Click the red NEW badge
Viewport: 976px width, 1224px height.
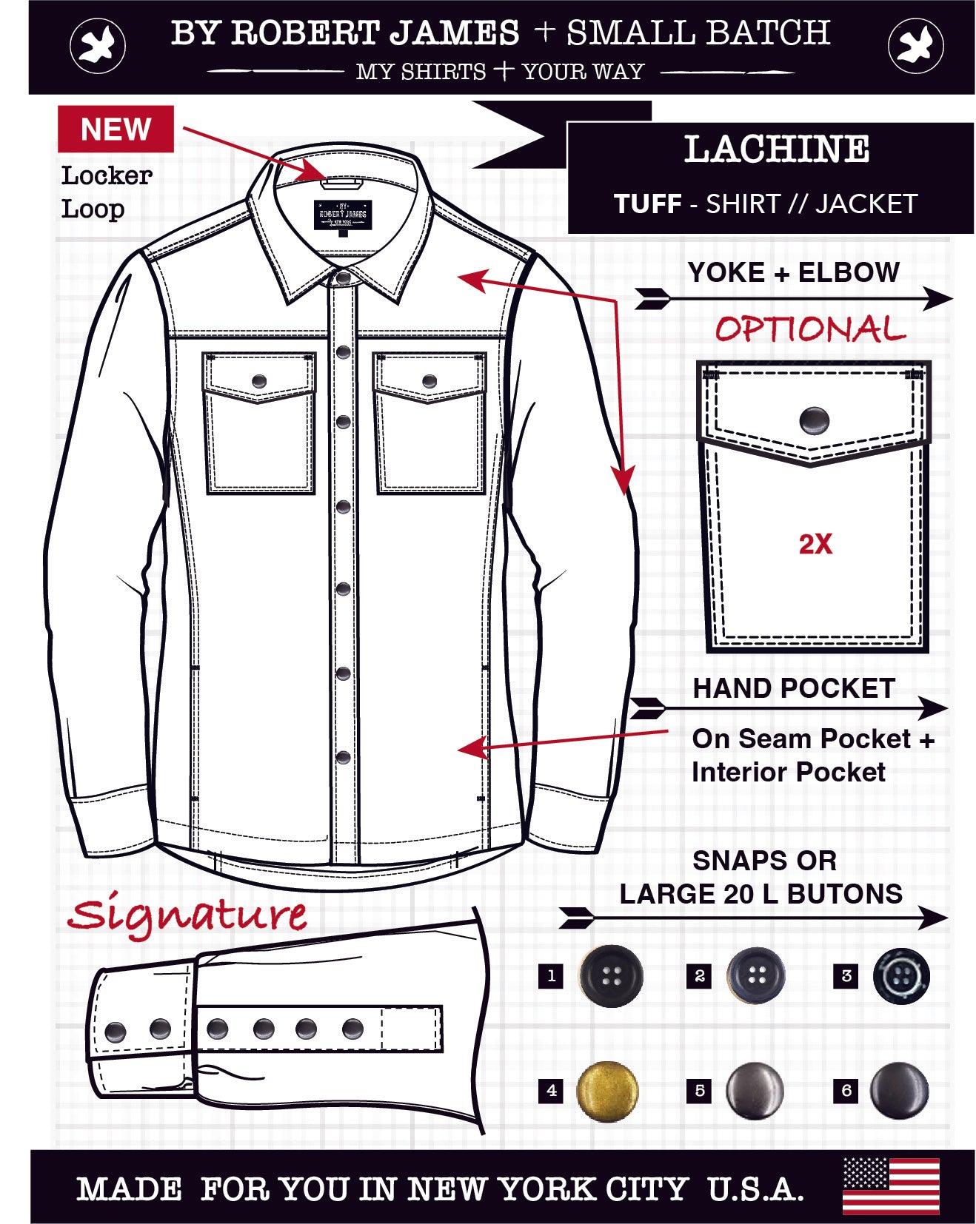click(x=116, y=129)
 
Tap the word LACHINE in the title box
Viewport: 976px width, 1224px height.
click(x=776, y=149)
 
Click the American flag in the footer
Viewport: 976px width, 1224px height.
click(x=891, y=1186)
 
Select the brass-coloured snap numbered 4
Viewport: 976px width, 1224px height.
click(x=607, y=1091)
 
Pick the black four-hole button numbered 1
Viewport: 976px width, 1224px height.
click(x=611, y=976)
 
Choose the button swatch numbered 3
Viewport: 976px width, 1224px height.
click(x=900, y=976)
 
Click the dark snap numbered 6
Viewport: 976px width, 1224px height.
click(x=899, y=1090)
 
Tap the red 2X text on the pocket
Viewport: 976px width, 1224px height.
click(x=815, y=544)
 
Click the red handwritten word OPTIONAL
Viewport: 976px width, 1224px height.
click(x=810, y=329)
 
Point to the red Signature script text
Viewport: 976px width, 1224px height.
click(x=187, y=916)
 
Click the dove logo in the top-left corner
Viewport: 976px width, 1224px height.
click(x=98, y=47)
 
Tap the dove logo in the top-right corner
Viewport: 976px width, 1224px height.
click(x=916, y=47)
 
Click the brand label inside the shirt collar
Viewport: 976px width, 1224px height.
click(x=342, y=215)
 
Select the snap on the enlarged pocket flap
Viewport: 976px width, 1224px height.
click(x=814, y=420)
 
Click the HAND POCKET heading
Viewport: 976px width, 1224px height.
click(x=794, y=688)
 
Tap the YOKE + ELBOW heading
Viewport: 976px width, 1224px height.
click(x=793, y=272)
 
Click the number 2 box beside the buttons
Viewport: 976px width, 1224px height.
click(x=699, y=976)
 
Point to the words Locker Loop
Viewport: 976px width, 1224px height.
click(x=107, y=192)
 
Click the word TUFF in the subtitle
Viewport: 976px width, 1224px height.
click(x=648, y=204)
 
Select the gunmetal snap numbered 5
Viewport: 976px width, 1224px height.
click(x=755, y=1091)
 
